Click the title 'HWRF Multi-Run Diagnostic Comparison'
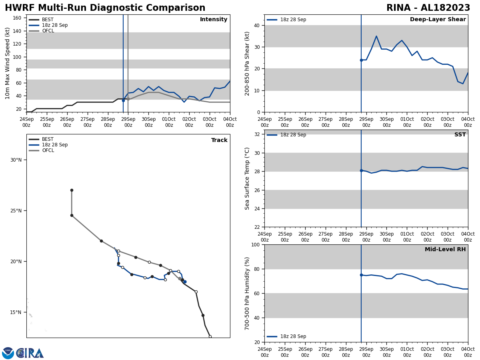pos(105,8)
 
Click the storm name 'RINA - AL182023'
pos(428,8)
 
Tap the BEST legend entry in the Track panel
pos(47,139)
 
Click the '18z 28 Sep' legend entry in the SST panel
pos(293,135)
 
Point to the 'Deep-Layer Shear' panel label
pos(438,20)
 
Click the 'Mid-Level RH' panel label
pos(445,250)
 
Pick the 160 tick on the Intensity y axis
pos(18,18)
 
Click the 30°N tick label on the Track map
pos(16,160)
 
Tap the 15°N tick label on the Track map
pos(16,312)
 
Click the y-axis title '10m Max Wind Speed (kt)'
pos(8,63)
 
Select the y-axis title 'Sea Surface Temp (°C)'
pos(247,178)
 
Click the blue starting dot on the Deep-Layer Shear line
pos(361,60)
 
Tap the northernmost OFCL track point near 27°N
pos(72,190)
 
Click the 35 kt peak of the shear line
pos(376,36)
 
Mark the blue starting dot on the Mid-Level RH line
pos(361,275)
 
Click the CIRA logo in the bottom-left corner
pos(23,353)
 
